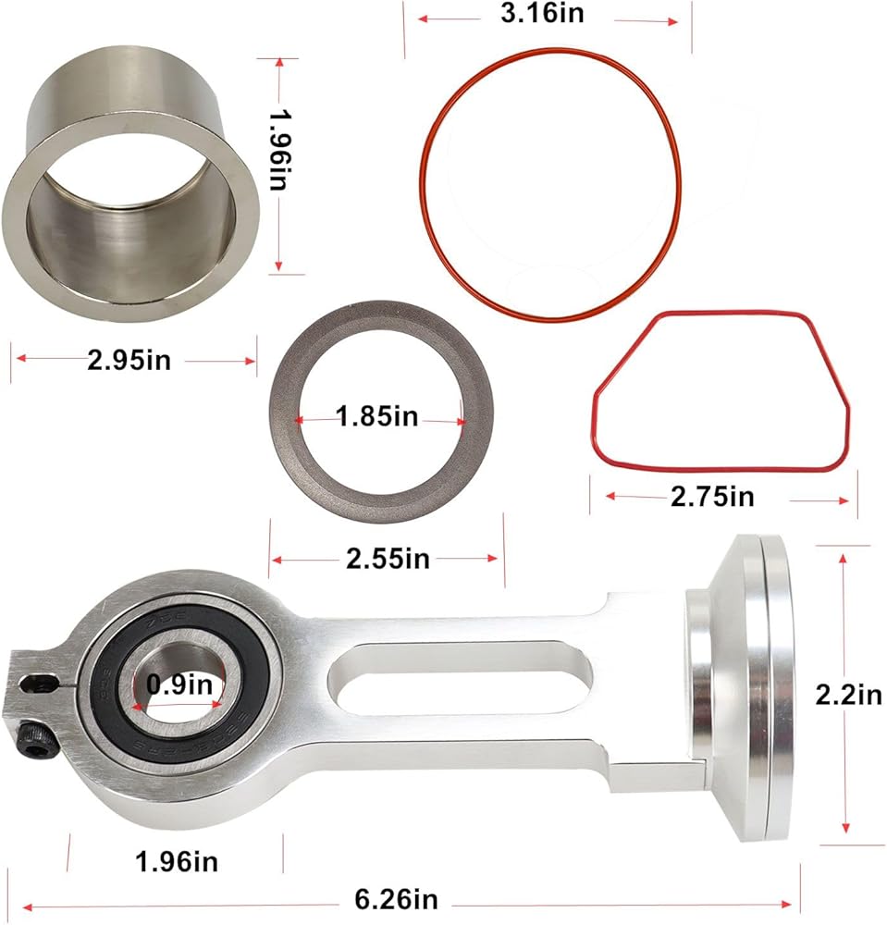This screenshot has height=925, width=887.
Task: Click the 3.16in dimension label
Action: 542,13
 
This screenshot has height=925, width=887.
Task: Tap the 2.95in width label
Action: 129,360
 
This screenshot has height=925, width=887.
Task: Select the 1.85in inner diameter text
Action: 376,416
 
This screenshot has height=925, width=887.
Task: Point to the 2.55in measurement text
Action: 388,559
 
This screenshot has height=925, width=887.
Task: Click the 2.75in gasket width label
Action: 712,497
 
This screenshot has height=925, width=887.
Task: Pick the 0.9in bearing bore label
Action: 179,684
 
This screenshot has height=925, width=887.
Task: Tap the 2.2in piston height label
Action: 849,695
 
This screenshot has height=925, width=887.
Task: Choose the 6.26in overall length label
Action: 396,900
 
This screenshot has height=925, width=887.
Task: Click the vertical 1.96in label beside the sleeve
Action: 277,150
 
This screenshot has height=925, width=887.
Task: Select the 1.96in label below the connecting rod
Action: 177,862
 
